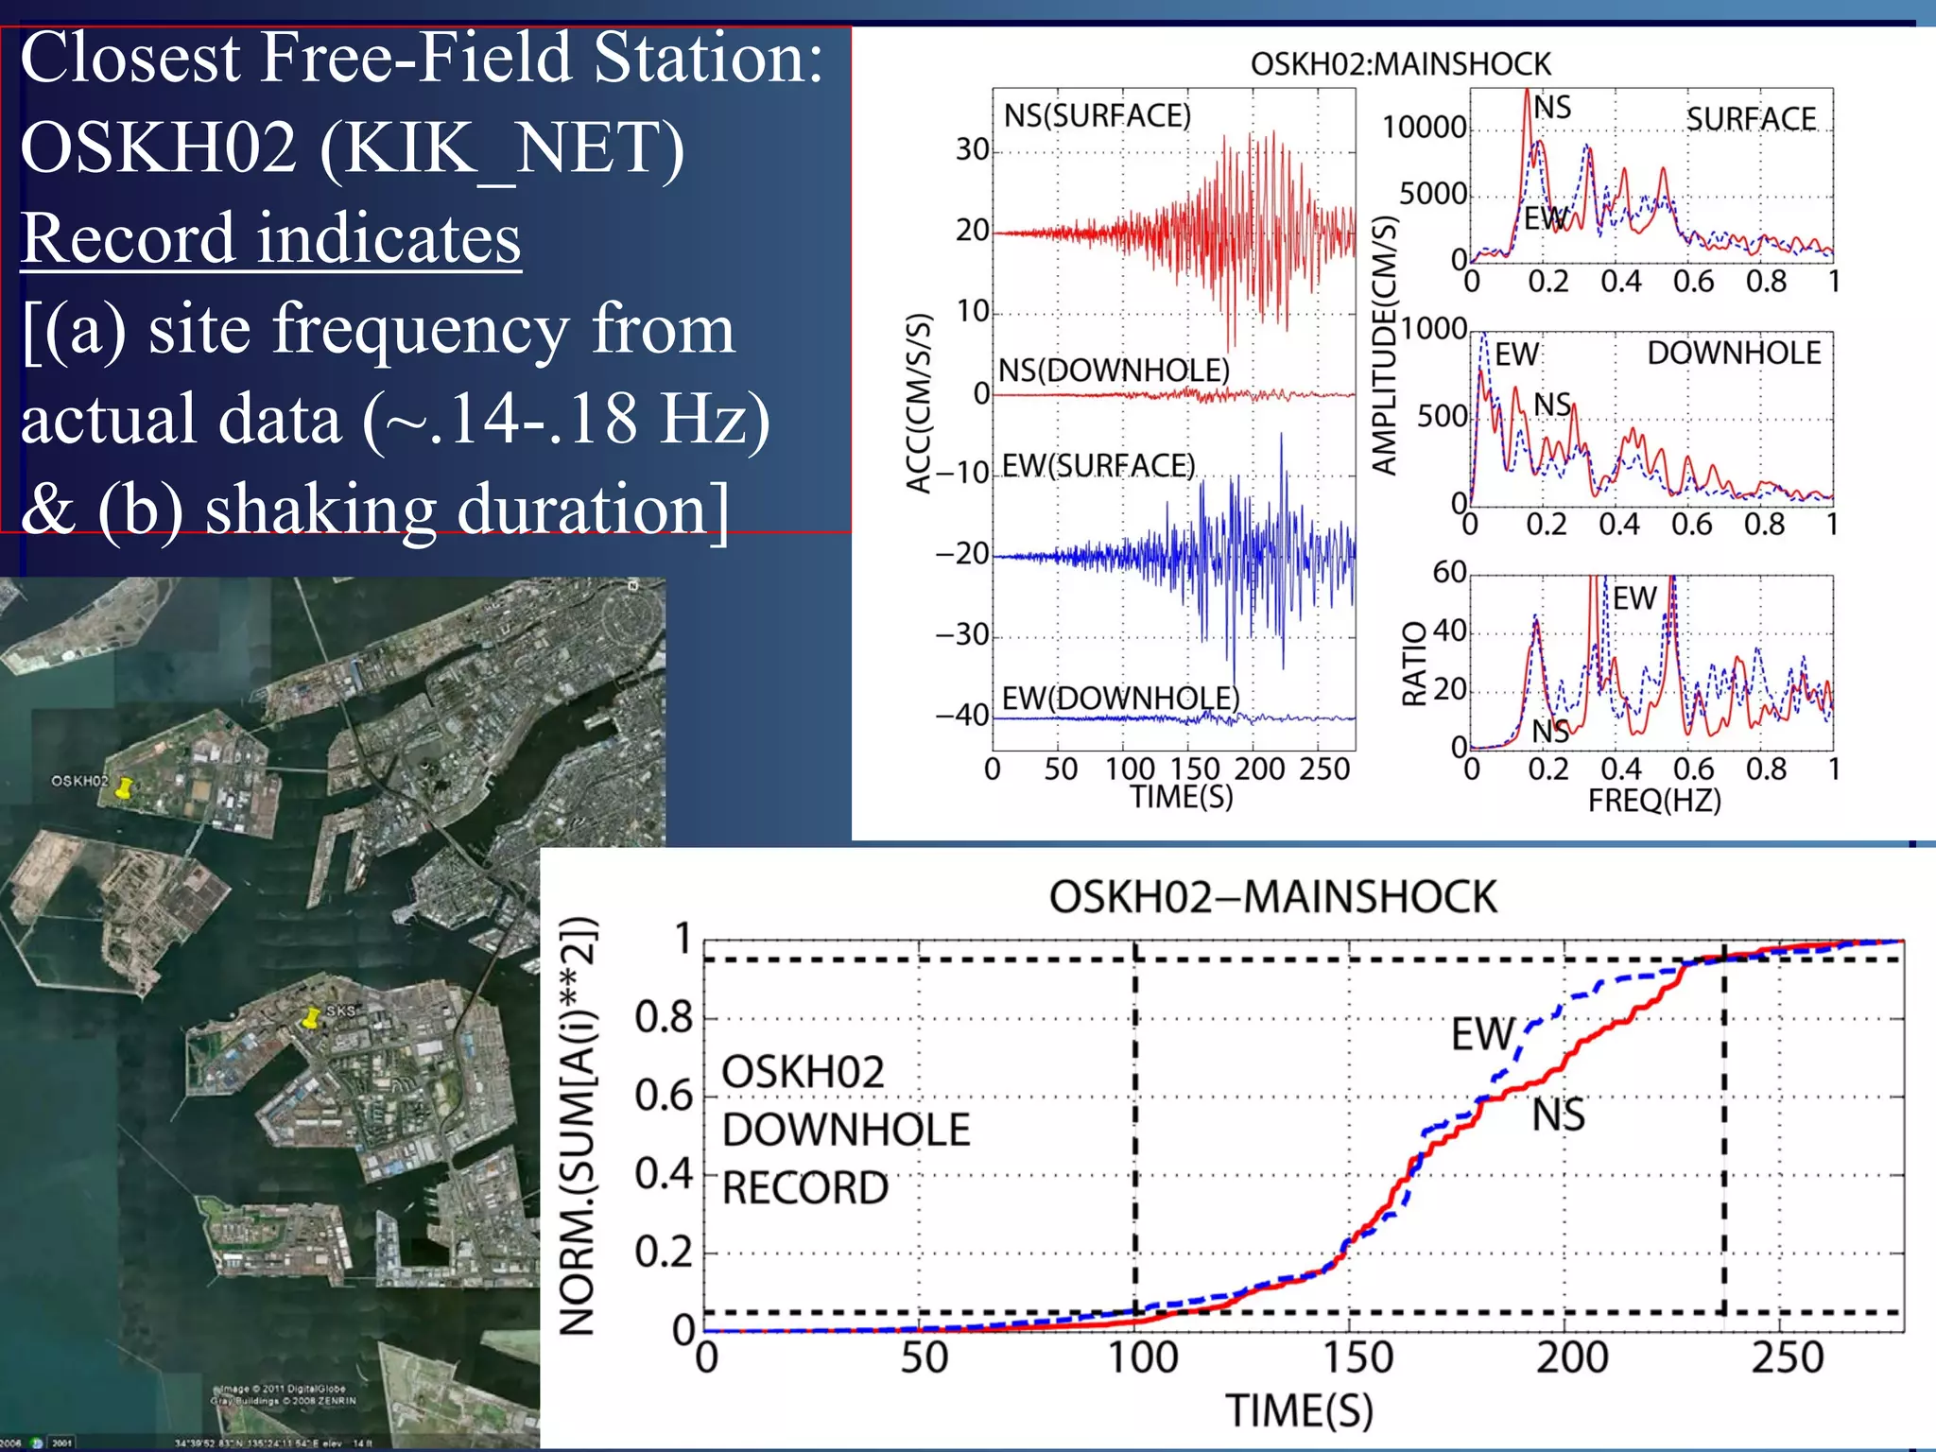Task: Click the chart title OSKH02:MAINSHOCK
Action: click(1400, 64)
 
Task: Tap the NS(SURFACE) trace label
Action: click(1097, 115)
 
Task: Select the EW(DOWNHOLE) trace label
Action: click(1120, 699)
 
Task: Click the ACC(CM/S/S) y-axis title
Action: click(919, 404)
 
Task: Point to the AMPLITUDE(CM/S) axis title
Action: click(1385, 345)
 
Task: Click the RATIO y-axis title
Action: click(1414, 664)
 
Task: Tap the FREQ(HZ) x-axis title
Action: click(1654, 801)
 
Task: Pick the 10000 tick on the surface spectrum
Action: click(1424, 127)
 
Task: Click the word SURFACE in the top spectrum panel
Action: click(1751, 119)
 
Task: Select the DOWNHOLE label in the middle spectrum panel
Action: click(1734, 353)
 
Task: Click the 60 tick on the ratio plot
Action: click(1449, 572)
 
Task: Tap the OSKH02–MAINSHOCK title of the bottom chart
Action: click(1272, 897)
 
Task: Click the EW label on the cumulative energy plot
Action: click(1482, 1034)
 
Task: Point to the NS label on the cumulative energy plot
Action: click(1558, 1115)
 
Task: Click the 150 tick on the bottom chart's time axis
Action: click(1357, 1358)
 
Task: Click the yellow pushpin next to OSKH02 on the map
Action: click(123, 788)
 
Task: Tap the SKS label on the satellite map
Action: click(340, 1011)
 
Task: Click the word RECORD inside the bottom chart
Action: click(805, 1188)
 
